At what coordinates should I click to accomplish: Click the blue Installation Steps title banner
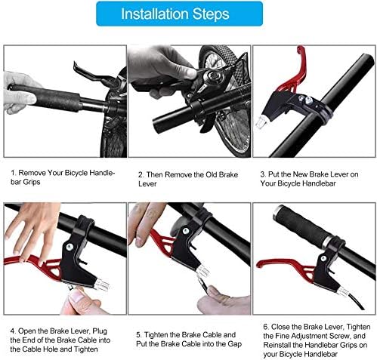tap(179, 14)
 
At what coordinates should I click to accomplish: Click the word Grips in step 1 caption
tap(32, 182)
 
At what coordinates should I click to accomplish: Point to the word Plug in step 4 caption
tap(100, 331)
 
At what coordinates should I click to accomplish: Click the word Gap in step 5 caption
tap(234, 344)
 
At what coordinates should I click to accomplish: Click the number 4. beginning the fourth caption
tap(13, 331)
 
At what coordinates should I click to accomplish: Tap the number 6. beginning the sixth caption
tap(266, 327)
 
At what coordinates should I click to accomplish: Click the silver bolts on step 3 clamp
tap(304, 100)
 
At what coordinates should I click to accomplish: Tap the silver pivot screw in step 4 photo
tap(70, 247)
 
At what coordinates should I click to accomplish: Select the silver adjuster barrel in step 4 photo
tap(100, 285)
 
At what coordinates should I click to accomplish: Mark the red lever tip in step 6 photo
tap(258, 263)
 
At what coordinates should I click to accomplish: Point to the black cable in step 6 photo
tap(355, 301)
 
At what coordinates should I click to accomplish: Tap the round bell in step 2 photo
tap(215, 75)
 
